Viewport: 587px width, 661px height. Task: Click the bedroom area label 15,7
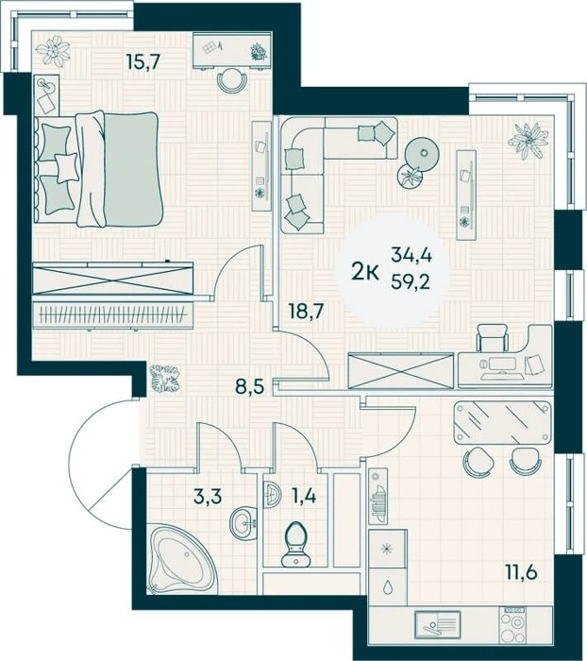click(x=143, y=62)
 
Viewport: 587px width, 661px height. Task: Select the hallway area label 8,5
click(x=249, y=385)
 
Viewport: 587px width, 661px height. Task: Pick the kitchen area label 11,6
click(x=521, y=572)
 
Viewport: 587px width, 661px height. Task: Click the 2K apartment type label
click(x=365, y=273)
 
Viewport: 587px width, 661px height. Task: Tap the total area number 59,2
click(x=411, y=281)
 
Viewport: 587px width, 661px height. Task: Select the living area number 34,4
click(x=411, y=255)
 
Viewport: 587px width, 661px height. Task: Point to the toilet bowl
click(x=295, y=544)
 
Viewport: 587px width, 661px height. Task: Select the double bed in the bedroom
click(x=98, y=169)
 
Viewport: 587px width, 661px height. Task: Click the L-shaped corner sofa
click(x=325, y=169)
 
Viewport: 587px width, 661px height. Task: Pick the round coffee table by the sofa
click(x=422, y=153)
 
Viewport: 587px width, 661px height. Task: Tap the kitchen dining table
click(x=502, y=422)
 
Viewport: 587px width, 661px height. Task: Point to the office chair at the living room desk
click(x=493, y=337)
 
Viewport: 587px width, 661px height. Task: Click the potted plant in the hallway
click(x=165, y=378)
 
